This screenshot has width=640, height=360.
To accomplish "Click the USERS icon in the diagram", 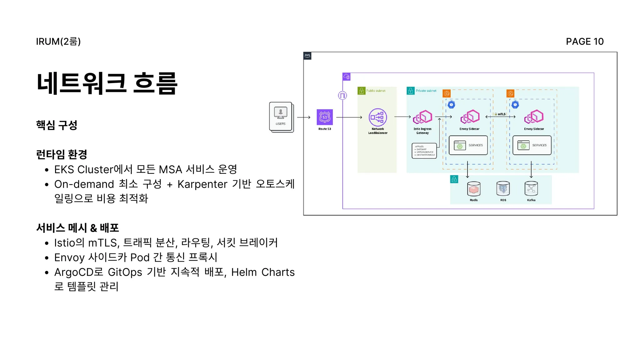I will (x=281, y=116).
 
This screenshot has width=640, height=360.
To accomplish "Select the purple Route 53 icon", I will (x=325, y=117).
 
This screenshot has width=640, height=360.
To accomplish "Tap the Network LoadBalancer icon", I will (x=378, y=117).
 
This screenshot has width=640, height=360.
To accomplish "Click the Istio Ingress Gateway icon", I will (x=422, y=117).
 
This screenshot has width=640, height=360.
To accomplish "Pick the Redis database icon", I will (x=474, y=189).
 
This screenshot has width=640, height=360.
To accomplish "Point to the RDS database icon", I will (x=503, y=189).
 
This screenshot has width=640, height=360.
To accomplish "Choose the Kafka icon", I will (x=531, y=189).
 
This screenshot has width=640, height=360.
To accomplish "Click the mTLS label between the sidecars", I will (x=501, y=114).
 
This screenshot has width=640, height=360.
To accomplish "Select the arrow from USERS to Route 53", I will (x=303, y=117).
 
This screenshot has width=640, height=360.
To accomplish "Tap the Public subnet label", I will (x=376, y=91).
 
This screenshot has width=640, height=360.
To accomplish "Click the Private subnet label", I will (x=426, y=91).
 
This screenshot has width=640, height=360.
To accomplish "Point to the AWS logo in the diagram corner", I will (x=307, y=56).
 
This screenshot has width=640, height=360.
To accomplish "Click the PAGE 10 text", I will (x=585, y=42).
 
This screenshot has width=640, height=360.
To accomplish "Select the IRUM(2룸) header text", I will (x=58, y=42).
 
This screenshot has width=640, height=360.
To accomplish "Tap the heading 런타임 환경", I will (x=62, y=154).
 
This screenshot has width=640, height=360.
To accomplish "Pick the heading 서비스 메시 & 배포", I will (x=77, y=228).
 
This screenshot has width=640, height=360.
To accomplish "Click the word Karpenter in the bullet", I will (x=202, y=184).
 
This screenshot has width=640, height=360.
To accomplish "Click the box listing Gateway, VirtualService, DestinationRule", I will (x=424, y=151).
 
